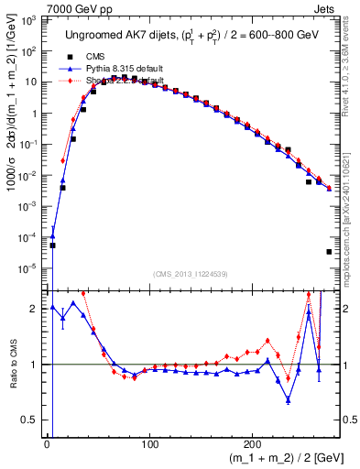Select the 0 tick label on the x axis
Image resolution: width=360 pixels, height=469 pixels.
pyautogui.click(x=47, y=442)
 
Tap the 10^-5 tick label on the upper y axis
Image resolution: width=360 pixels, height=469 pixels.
pyautogui.click(x=29, y=268)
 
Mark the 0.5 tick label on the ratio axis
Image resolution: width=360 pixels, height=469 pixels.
pyautogui.click(x=30, y=420)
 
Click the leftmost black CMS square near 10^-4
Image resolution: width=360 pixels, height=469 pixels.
pyautogui.click(x=52, y=245)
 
